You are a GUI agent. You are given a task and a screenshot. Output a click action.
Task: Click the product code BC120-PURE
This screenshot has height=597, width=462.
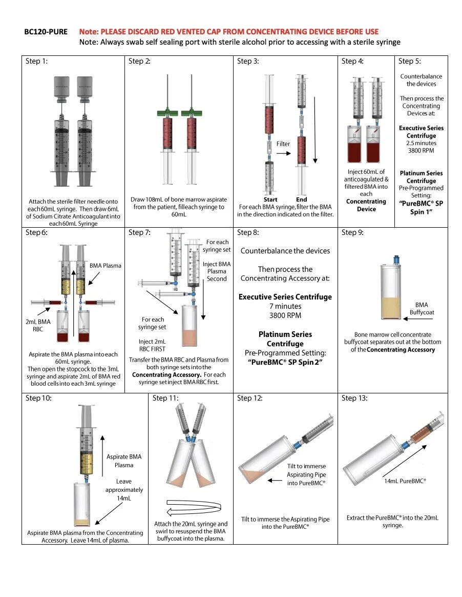pyautogui.click(x=46, y=32)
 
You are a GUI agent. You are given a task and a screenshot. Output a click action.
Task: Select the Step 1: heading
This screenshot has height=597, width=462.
pyautogui.click(x=36, y=62)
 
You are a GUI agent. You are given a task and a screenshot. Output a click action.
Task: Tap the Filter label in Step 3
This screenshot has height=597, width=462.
pyautogui.click(x=283, y=144)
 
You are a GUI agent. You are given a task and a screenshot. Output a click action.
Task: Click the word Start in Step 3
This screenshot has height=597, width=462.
pyautogui.click(x=270, y=200)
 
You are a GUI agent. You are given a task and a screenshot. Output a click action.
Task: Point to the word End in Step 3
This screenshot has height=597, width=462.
pyautogui.click(x=302, y=200)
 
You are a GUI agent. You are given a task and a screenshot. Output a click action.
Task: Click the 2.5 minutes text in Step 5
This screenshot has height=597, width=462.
pyautogui.click(x=422, y=143)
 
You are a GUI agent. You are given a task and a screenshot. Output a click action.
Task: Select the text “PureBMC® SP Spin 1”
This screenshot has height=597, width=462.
pyautogui.click(x=422, y=207)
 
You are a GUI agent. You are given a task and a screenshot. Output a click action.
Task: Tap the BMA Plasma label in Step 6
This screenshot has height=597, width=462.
pyautogui.click(x=106, y=266)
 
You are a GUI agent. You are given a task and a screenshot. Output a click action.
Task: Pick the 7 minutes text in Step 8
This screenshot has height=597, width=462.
pyautogui.click(x=285, y=306)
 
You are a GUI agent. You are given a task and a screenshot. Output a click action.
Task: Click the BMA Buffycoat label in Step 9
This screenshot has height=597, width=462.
pyautogui.click(x=422, y=308)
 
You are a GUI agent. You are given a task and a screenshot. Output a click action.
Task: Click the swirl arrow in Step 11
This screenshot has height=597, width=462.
pyautogui.click(x=193, y=507)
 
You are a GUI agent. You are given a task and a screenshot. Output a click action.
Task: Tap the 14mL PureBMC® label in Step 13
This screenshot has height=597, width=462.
pyautogui.click(x=405, y=482)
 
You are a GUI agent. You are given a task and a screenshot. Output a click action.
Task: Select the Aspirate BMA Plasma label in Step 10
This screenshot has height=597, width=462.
pyautogui.click(x=124, y=461)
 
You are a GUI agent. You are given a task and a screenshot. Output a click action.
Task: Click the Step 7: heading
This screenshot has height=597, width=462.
pyautogui.click(x=139, y=232)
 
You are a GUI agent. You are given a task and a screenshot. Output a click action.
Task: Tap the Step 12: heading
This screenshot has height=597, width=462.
pyautogui.click(x=250, y=398)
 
